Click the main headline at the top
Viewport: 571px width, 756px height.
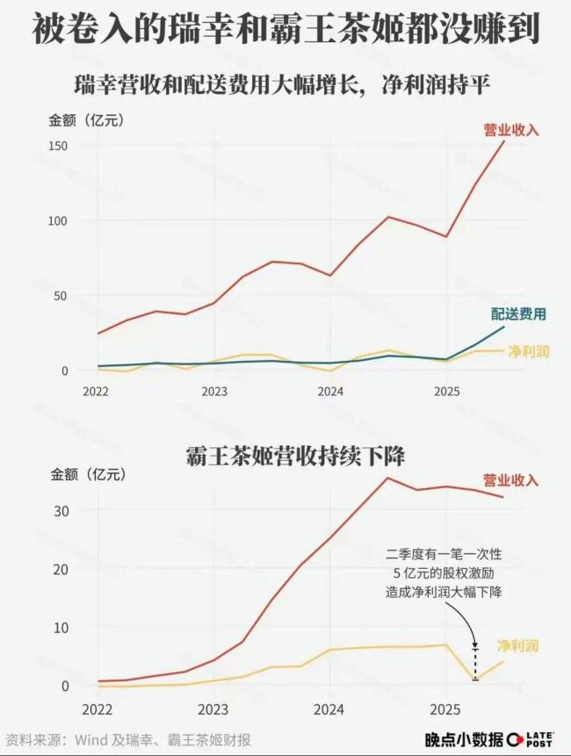point(285,30)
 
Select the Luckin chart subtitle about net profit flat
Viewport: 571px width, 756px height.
point(285,86)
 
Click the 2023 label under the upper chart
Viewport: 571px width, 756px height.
point(213,391)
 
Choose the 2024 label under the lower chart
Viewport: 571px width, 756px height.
point(329,708)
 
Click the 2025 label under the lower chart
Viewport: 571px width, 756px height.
point(445,708)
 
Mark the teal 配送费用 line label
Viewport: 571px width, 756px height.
point(518,314)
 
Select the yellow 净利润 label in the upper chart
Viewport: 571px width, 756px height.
point(529,351)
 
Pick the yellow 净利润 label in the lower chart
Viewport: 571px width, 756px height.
point(524,645)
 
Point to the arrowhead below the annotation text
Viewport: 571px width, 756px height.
point(475,643)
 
